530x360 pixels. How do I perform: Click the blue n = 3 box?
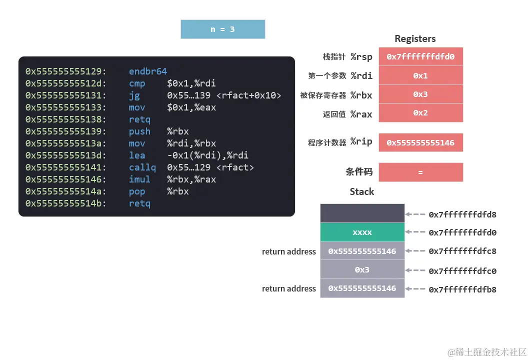pos(222,29)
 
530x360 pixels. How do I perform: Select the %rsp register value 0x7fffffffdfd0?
pos(420,56)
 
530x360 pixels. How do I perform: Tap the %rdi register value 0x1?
pos(420,75)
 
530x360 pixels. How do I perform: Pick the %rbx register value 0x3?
pos(420,94)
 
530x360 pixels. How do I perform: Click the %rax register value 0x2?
pos(420,113)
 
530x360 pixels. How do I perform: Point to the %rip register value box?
pos(420,142)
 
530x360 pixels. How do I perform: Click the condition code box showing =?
pos(420,172)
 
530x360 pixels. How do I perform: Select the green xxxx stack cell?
pos(362,232)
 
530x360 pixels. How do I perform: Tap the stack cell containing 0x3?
pos(362,270)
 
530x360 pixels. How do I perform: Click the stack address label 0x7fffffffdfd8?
pos(462,214)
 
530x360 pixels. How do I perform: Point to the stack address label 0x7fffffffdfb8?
pos(462,289)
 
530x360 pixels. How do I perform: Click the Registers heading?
pos(415,39)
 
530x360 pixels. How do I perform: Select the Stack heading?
pos(361,192)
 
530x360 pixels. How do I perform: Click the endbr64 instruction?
pos(147,71)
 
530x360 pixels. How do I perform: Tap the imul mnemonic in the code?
pos(139,179)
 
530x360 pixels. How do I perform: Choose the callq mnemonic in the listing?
pos(142,167)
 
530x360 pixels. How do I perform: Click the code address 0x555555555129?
pos(66,71)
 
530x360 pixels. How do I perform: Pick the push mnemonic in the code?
pos(139,131)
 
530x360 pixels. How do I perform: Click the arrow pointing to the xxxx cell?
pos(415,232)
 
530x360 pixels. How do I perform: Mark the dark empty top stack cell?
pos(362,213)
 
